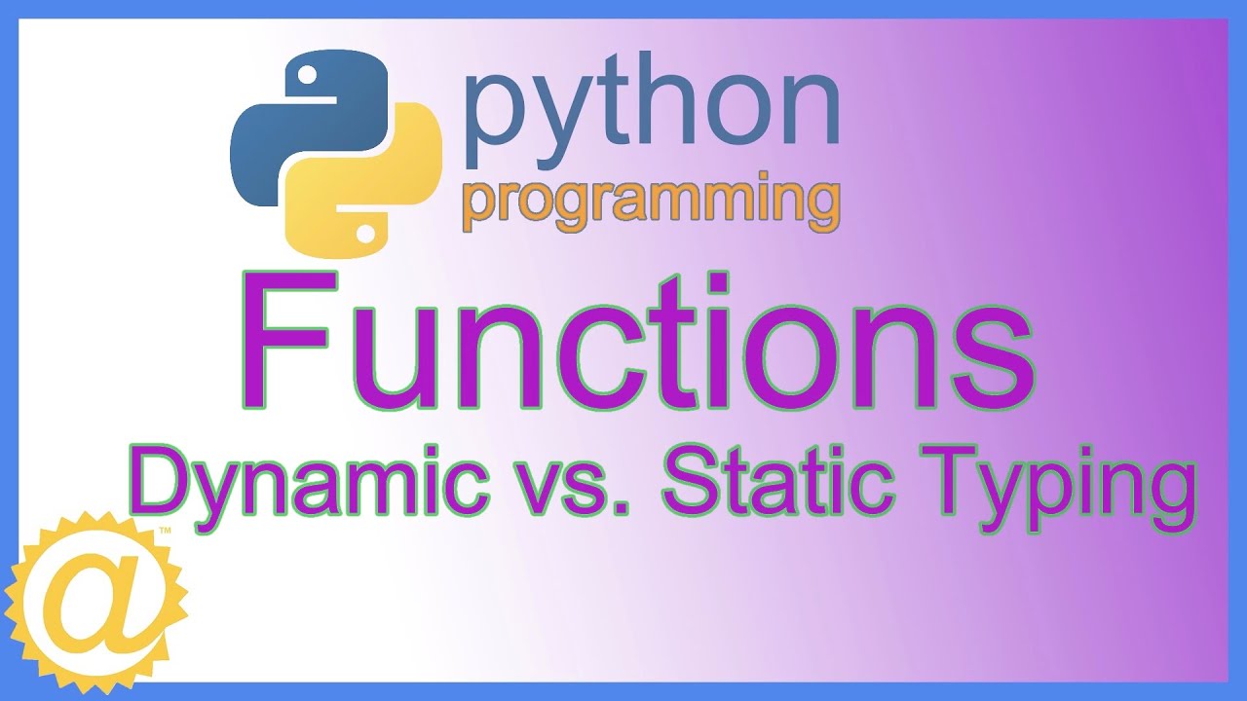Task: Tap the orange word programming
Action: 651,203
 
